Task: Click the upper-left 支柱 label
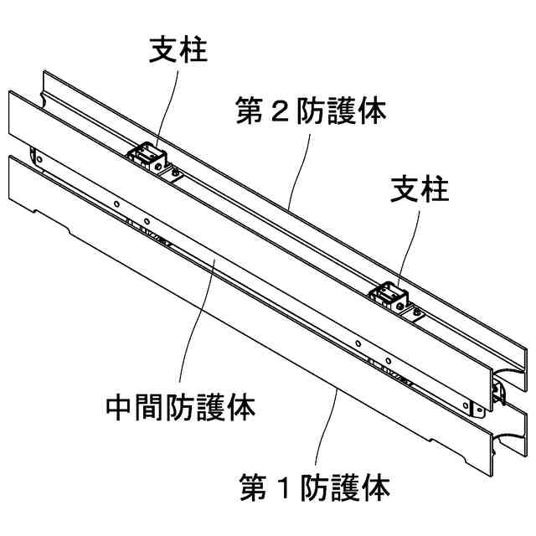click(178, 51)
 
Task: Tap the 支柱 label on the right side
click(420, 190)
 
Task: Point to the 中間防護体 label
click(181, 407)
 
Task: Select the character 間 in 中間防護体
click(152, 407)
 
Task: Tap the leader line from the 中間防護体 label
click(202, 327)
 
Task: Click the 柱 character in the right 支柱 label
click(435, 190)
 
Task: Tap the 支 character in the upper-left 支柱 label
click(162, 51)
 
